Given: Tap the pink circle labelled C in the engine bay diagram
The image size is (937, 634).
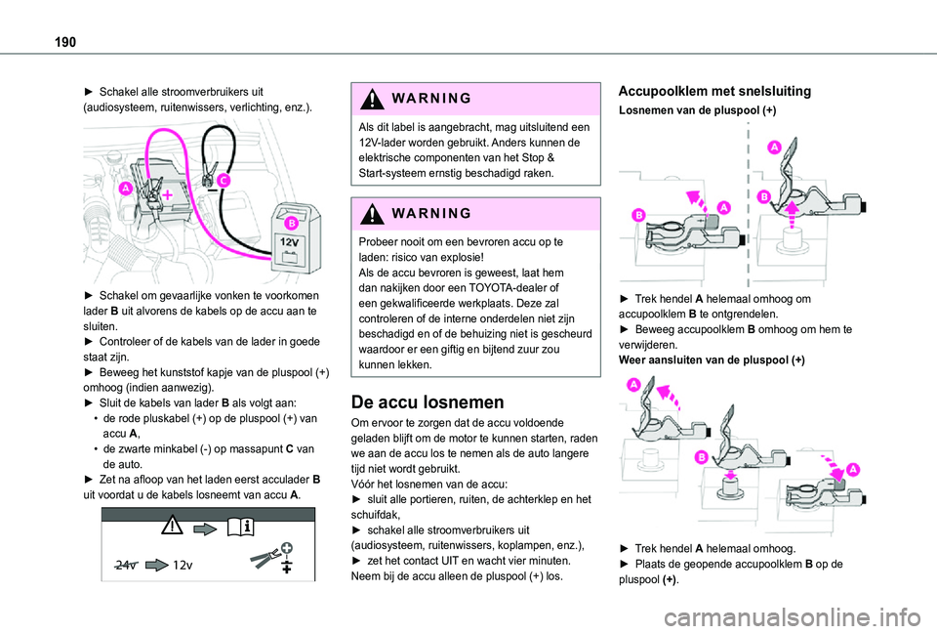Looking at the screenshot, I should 224,181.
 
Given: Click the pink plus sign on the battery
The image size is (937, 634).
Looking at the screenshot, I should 167,195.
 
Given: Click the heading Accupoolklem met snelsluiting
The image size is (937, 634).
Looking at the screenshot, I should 714,91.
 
